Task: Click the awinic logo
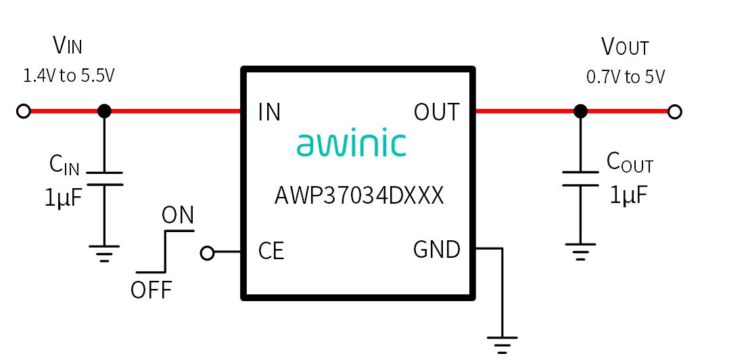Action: tap(351, 143)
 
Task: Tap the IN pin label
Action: tap(268, 112)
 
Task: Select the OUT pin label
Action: tap(436, 112)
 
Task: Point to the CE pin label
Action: tap(271, 251)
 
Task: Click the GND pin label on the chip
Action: tap(437, 250)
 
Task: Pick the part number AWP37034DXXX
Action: tap(359, 196)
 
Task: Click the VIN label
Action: tap(68, 47)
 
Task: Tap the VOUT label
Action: tap(625, 47)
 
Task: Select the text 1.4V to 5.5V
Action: tap(69, 76)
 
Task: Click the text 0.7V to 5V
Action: tap(625, 76)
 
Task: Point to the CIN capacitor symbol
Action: tap(105, 179)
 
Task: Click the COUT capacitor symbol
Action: tap(580, 179)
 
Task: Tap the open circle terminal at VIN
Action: tap(24, 112)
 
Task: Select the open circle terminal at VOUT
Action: tap(674, 112)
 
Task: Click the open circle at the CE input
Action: tap(207, 253)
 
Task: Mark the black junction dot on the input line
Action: tap(104, 112)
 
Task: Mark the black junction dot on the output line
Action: tap(581, 112)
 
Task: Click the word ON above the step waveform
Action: tap(178, 216)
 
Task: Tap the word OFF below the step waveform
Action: tap(151, 290)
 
